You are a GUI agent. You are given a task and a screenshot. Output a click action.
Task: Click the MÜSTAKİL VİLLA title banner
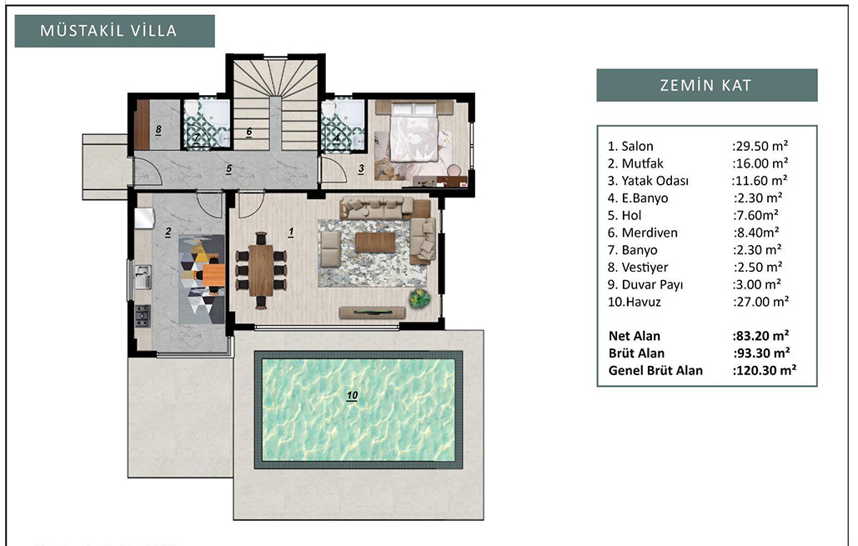pyautogui.click(x=114, y=31)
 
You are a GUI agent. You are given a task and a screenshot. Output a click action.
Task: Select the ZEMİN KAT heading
pyautogui.click(x=706, y=85)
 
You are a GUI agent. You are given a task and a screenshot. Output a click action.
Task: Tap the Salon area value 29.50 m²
pyautogui.click(x=760, y=146)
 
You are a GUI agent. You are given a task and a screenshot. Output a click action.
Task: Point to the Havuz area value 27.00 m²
pyautogui.click(x=760, y=302)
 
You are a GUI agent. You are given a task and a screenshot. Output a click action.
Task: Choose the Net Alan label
pyautogui.click(x=635, y=336)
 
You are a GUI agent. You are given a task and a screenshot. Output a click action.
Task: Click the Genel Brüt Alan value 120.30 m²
pyautogui.click(x=765, y=370)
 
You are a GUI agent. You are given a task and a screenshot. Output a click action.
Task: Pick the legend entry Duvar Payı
pyautogui.click(x=645, y=284)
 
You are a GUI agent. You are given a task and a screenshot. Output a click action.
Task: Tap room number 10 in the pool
pyautogui.click(x=352, y=395)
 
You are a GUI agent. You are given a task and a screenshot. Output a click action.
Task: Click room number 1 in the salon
pyautogui.click(x=291, y=232)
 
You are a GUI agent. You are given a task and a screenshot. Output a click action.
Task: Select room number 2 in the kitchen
pyautogui.click(x=168, y=233)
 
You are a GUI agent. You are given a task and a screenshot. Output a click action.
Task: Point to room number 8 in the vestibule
pyautogui.click(x=158, y=130)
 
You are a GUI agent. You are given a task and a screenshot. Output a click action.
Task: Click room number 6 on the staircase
pyautogui.click(x=249, y=132)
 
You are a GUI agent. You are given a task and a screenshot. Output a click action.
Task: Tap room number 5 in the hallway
pyautogui.click(x=228, y=169)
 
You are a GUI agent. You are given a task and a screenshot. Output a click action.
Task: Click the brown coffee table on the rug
pyautogui.click(x=375, y=243)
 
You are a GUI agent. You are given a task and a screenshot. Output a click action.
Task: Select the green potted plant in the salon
pyautogui.click(x=419, y=298)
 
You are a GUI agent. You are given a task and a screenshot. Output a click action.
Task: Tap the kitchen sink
pyautogui.click(x=143, y=276)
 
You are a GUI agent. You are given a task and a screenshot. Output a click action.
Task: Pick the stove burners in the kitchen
pyautogui.click(x=143, y=316)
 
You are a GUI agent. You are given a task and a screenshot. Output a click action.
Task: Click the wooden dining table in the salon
pyautogui.click(x=261, y=270)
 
